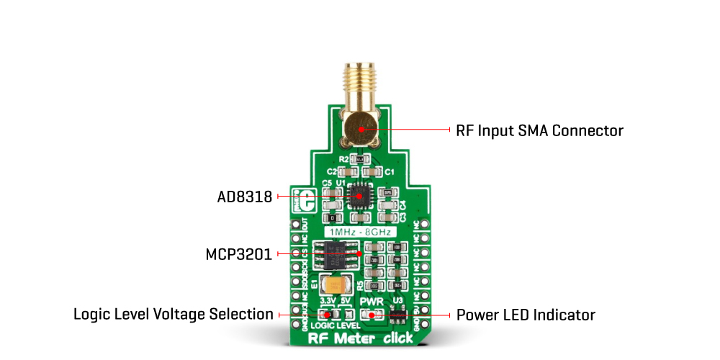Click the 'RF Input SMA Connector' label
(x=539, y=130)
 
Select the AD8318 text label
(x=245, y=197)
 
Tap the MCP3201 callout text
(x=238, y=255)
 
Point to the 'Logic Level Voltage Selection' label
(x=174, y=315)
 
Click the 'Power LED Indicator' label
(x=526, y=315)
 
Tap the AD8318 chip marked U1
(x=358, y=195)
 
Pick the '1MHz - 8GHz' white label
(x=360, y=232)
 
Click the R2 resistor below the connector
(x=359, y=158)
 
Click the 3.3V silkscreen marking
(x=328, y=301)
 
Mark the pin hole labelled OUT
(x=294, y=224)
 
